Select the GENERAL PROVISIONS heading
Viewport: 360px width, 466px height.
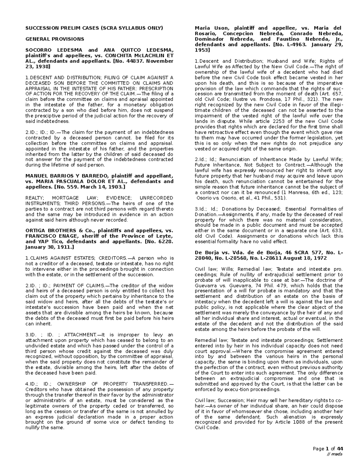[55, 39]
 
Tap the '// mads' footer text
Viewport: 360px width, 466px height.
[335, 454]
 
